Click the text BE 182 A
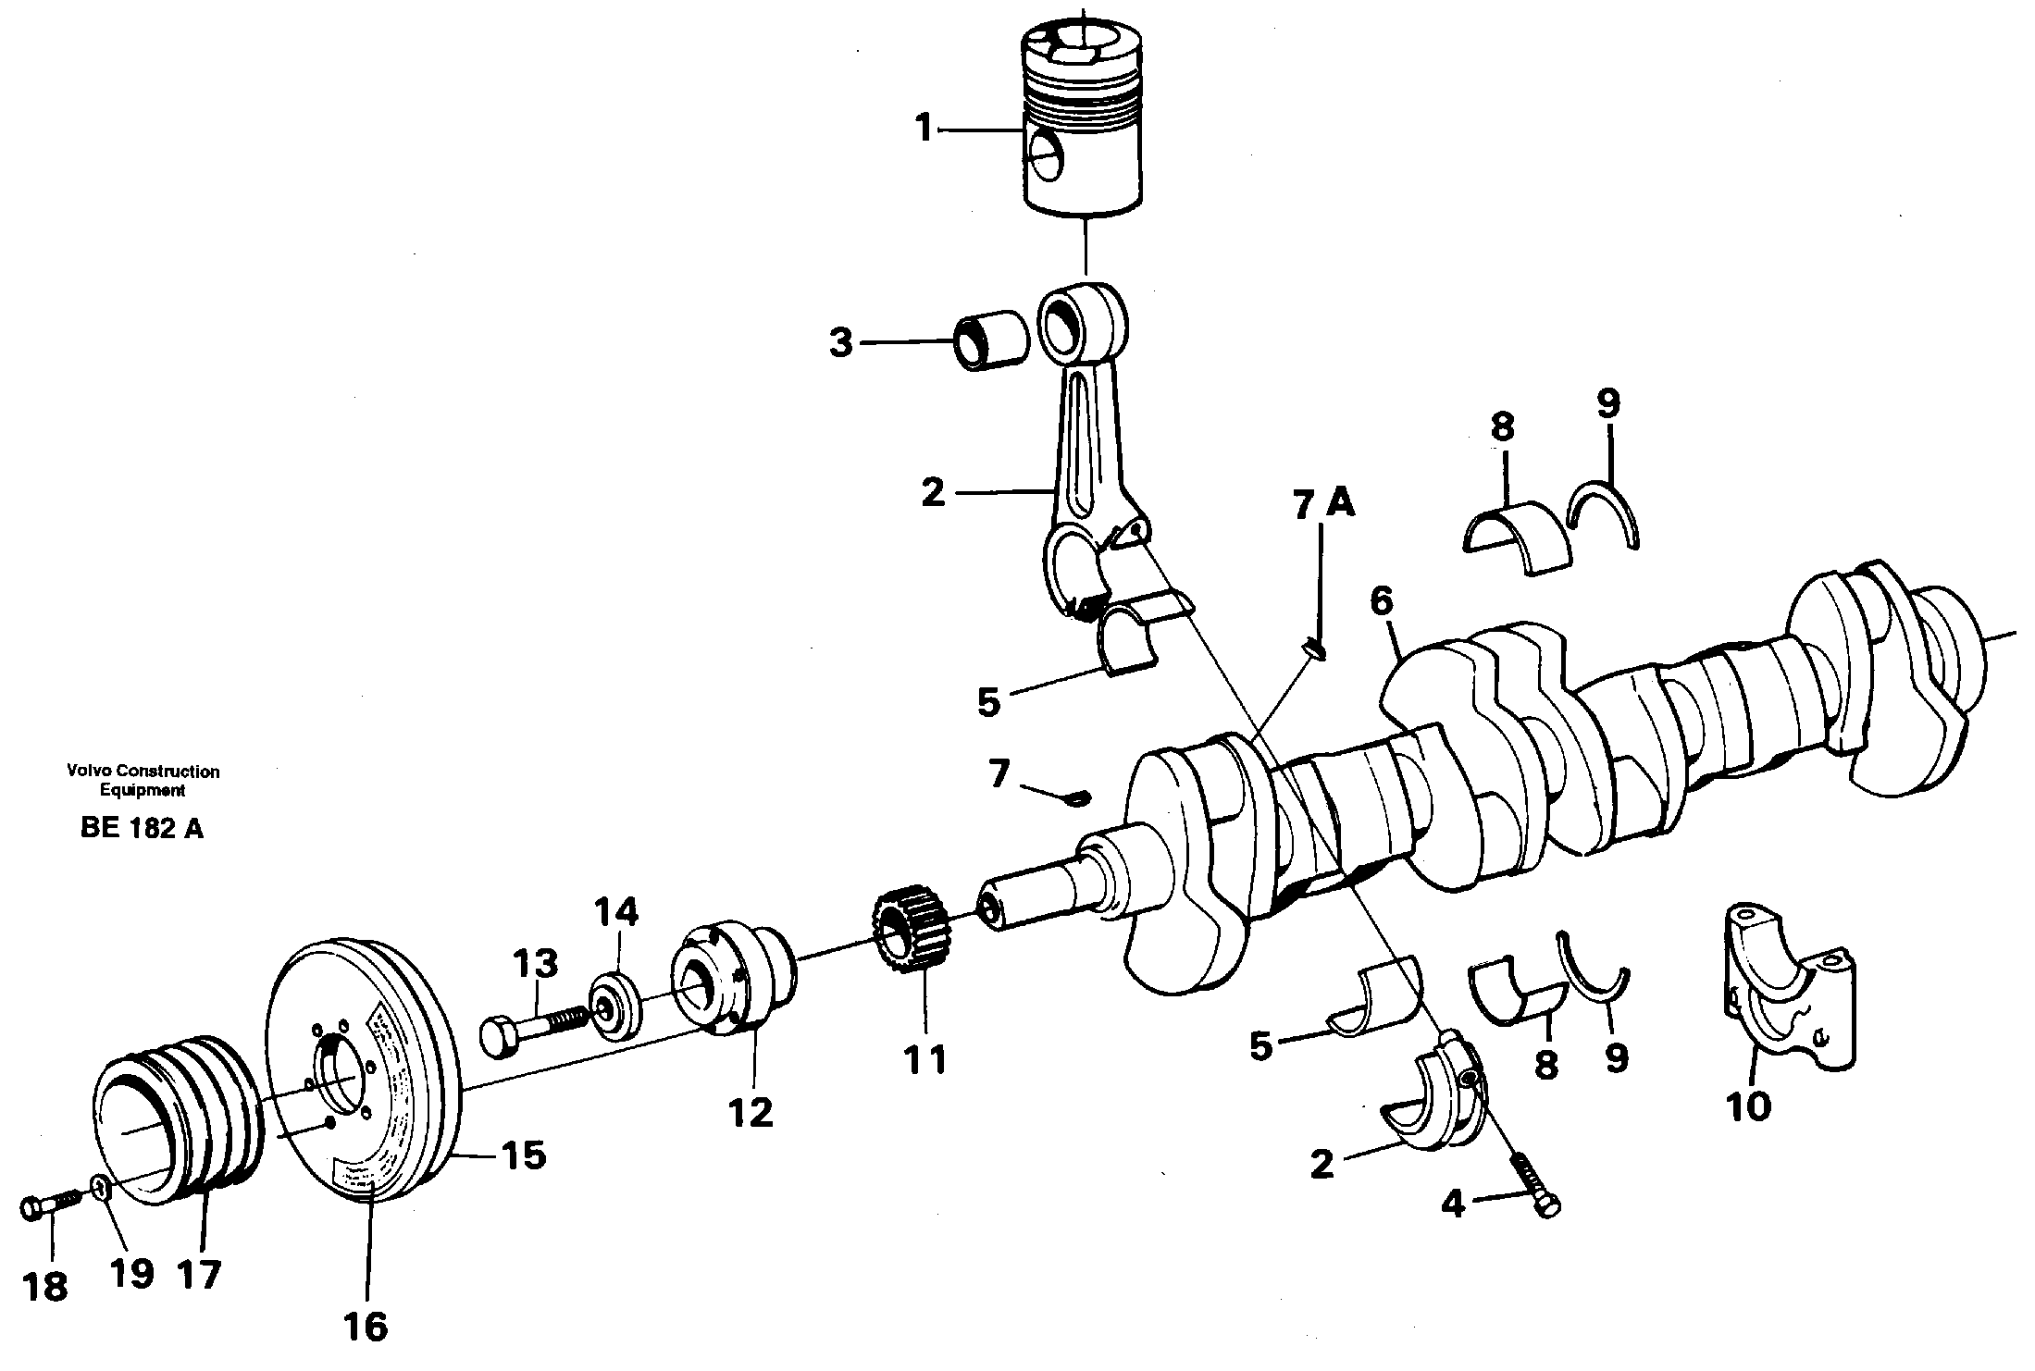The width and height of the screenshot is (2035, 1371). point(142,829)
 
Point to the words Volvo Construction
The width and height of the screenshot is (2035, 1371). point(143,771)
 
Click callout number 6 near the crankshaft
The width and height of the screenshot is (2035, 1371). point(1380,601)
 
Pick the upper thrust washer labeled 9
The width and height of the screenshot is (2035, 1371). point(1608,513)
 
